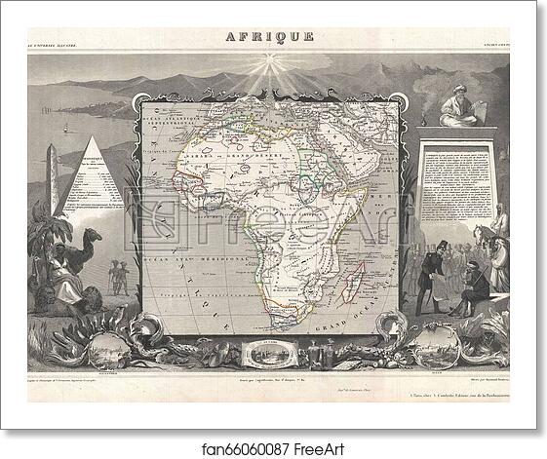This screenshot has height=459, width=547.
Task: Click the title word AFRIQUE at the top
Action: coord(270,37)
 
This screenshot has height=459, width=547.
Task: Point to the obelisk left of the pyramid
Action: coord(54,180)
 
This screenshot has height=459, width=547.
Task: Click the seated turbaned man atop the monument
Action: coord(458,107)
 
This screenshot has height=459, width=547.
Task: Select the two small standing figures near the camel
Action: coord(119,276)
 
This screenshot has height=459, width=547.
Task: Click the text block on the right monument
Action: coord(454,185)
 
